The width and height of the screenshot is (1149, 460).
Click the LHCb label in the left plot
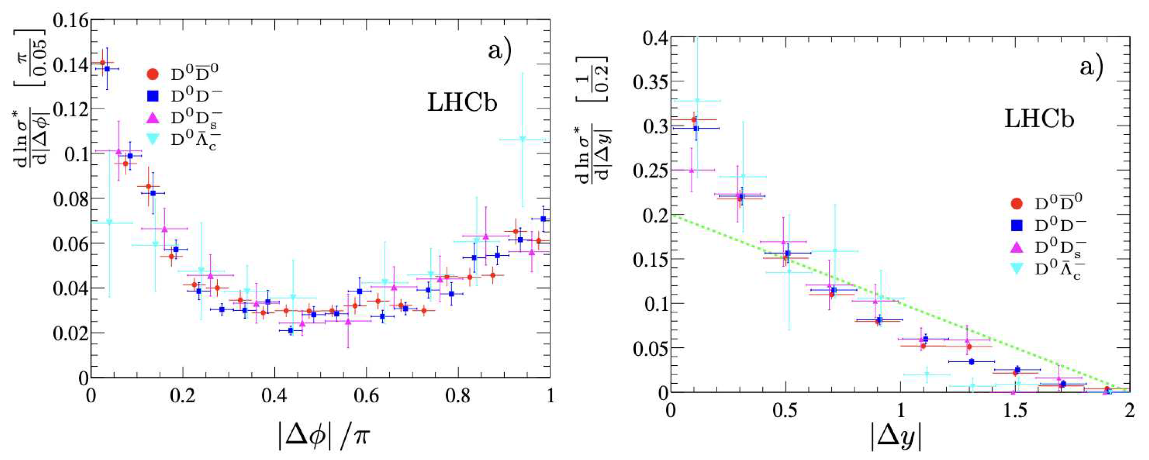(462, 103)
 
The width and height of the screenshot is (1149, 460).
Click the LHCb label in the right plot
(1039, 119)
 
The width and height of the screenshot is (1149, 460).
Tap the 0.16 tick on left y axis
(70, 20)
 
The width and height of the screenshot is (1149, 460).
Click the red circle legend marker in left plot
(153, 74)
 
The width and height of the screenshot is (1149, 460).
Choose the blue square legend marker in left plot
(153, 96)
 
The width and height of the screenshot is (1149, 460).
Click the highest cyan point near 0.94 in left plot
(523, 139)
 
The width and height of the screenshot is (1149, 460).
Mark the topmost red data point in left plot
(103, 62)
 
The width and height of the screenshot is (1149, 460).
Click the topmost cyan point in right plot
(697, 101)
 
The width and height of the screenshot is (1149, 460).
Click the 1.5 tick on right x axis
(1014, 410)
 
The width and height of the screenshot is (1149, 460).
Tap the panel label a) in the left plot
(500, 50)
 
